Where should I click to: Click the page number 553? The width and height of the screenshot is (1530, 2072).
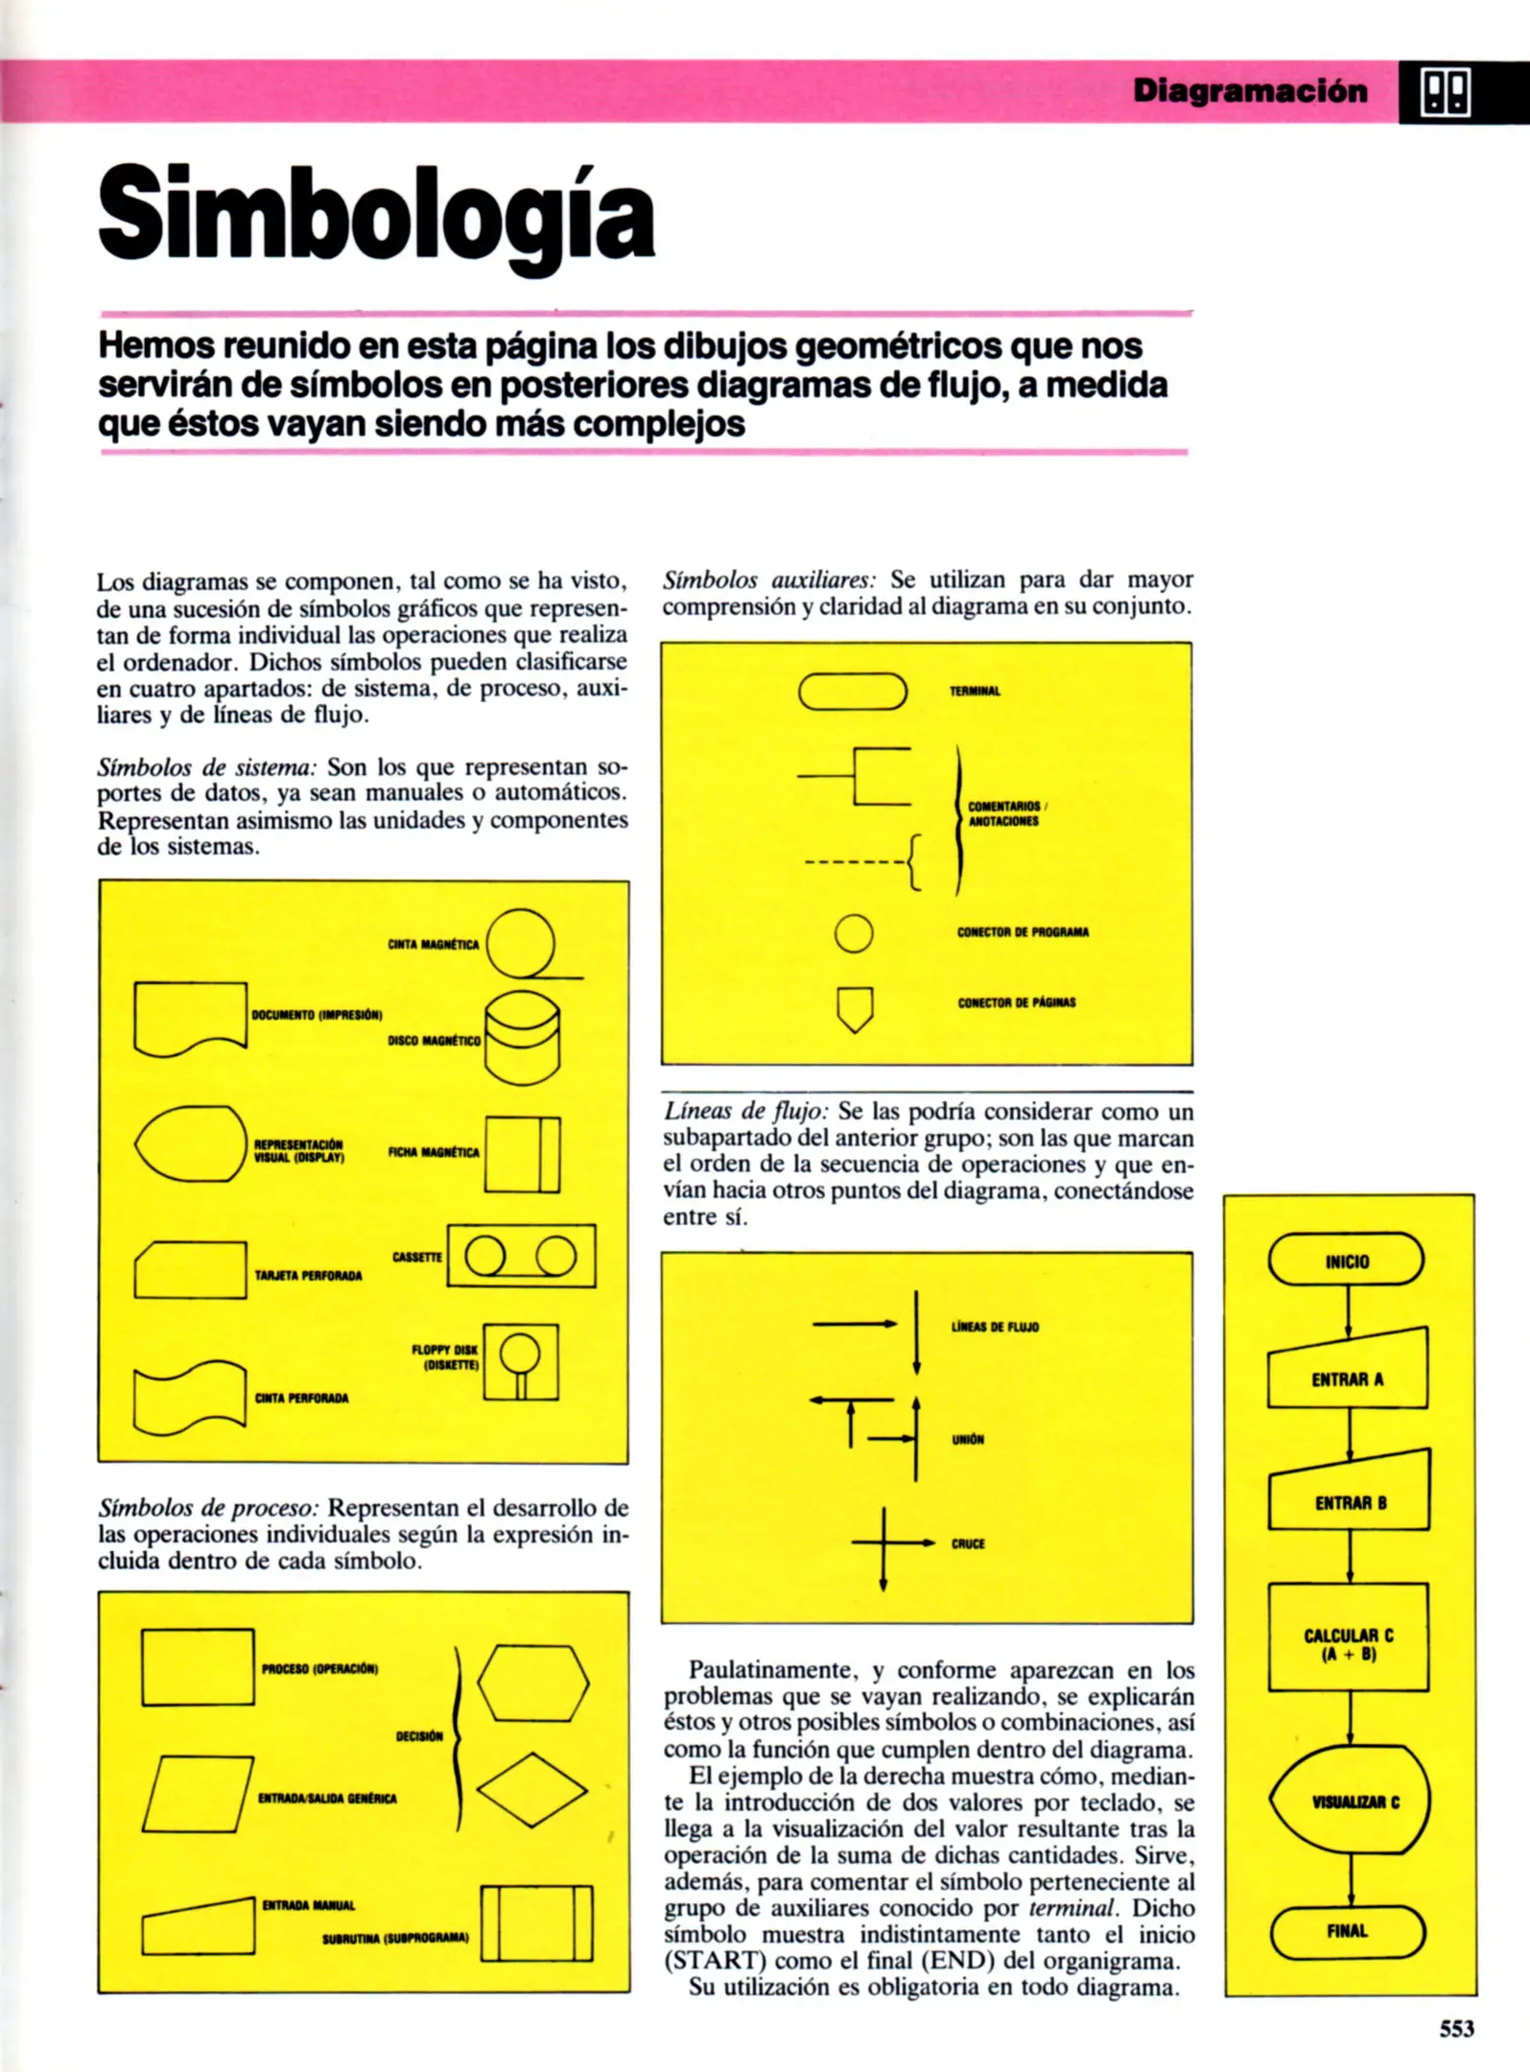pyautogui.click(x=1455, y=2028)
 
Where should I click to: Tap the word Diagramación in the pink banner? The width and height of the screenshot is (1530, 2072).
pyautogui.click(x=1250, y=91)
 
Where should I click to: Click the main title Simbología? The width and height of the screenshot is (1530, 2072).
pyautogui.click(x=376, y=214)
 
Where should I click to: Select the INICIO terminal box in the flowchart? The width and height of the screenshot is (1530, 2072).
pyautogui.click(x=1346, y=1260)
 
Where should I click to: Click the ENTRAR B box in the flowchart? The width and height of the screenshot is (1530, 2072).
pyautogui.click(x=1349, y=1502)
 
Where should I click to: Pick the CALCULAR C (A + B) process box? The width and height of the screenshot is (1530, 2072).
pyautogui.click(x=1348, y=1644)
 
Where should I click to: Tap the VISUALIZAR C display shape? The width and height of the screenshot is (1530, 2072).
pyautogui.click(x=1350, y=1801)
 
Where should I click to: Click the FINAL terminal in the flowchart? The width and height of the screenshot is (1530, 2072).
pyautogui.click(x=1347, y=1930)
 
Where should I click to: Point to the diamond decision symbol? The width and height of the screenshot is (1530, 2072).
pyautogui.click(x=532, y=1789)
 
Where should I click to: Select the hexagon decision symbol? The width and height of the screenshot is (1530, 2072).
pyautogui.click(x=533, y=1683)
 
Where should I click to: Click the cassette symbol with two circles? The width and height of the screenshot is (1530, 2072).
pyautogui.click(x=521, y=1256)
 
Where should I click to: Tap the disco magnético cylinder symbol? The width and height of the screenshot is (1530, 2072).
pyautogui.click(x=523, y=1038)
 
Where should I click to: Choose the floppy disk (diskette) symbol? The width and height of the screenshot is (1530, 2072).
pyautogui.click(x=521, y=1361)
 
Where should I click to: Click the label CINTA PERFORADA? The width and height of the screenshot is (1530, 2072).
pyautogui.click(x=301, y=1398)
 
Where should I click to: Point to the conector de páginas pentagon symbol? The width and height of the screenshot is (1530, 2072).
pyautogui.click(x=855, y=1008)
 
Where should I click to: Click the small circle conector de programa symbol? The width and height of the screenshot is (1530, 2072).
pyautogui.click(x=854, y=932)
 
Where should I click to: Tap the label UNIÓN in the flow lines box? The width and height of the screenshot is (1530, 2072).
pyautogui.click(x=968, y=1439)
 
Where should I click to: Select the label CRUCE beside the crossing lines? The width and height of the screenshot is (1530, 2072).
pyautogui.click(x=968, y=1543)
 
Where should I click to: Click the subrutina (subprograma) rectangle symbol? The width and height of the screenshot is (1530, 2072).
pyautogui.click(x=536, y=1923)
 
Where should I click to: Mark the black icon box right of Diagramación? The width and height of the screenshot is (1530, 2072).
pyautogui.click(x=1445, y=93)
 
